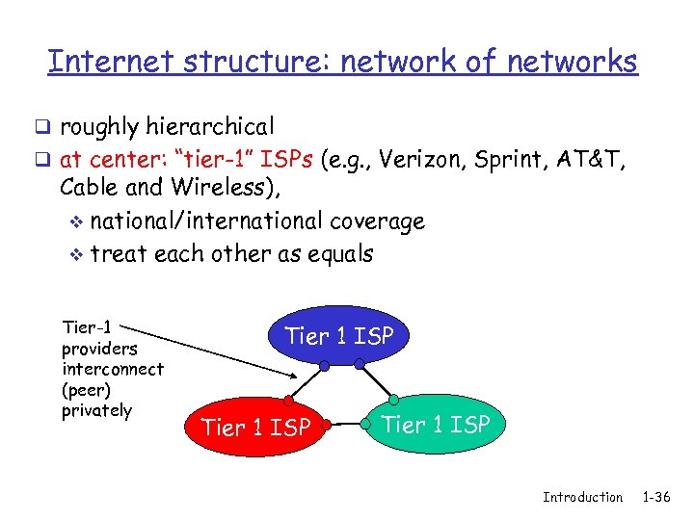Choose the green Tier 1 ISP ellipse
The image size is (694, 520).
click(x=437, y=424)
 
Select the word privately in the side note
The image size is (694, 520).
click(x=96, y=410)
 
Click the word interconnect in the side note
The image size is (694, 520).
click(x=112, y=369)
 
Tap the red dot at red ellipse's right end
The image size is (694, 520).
click(x=328, y=424)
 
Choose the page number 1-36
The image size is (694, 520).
click(x=655, y=497)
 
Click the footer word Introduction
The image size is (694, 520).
click(x=582, y=497)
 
